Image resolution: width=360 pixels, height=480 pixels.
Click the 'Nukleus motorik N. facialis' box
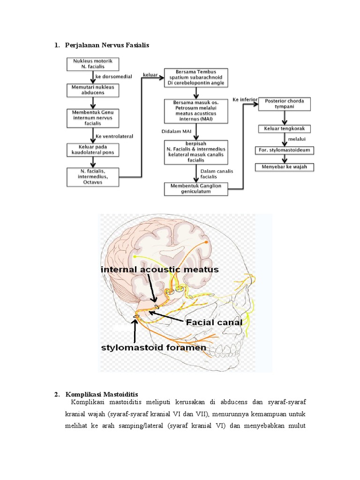pos(93,64)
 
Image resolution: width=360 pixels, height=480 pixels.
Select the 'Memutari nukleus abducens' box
pos(93,90)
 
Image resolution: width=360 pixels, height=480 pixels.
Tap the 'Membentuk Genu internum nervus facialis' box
pos(93,118)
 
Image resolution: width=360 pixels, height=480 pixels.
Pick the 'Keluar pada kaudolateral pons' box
pos(93,150)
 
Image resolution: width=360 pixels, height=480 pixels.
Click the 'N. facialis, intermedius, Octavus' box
pos(93,177)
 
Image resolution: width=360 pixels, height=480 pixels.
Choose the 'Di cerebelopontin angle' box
pos(196,78)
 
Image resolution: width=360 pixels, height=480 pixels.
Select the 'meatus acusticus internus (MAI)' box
pos(196,111)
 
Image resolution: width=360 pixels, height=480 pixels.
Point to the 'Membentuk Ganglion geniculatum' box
pos(196,189)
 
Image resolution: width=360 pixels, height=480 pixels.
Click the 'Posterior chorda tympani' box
pos(285,104)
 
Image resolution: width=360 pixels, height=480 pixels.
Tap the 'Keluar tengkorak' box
pos(285,129)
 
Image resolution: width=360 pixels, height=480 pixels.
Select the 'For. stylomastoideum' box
pos(285,150)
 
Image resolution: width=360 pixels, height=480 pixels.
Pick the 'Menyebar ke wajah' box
pos(285,167)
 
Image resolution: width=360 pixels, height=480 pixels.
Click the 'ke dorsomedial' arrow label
pos(113,76)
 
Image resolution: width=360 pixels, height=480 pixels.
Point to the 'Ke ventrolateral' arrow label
pos(114,136)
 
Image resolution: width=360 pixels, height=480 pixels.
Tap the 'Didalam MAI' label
pos(176,131)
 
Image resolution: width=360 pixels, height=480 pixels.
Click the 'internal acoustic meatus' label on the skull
pos(160,270)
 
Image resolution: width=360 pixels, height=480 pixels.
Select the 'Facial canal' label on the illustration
pos(214,322)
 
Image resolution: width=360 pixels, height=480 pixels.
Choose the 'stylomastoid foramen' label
pos(154,348)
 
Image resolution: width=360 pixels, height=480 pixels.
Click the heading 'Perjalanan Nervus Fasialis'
pos(107,45)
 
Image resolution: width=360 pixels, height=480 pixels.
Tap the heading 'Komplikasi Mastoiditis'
pos(102,394)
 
